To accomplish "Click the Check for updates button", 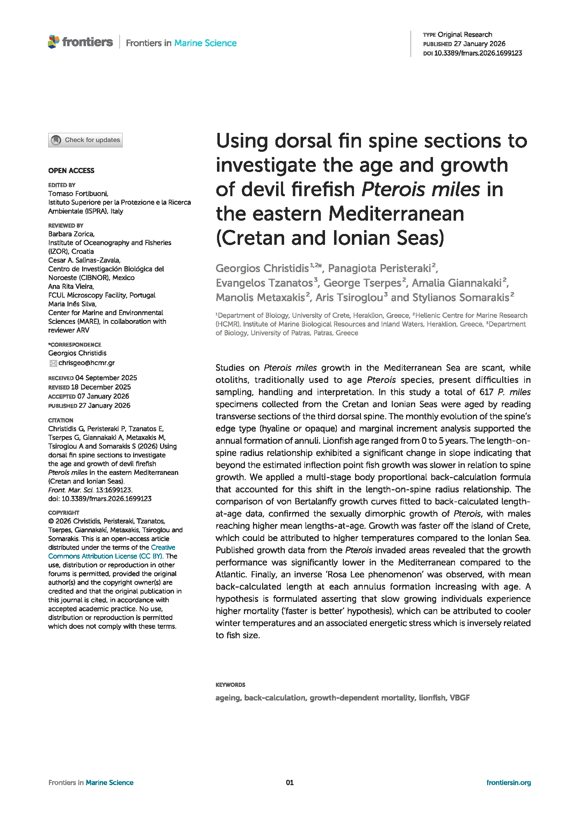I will pyautogui.click(x=85, y=140).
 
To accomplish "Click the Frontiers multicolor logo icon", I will pyautogui.click(x=54, y=42).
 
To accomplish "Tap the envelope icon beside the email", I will pyautogui.click(x=53, y=363).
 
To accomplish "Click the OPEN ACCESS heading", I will pyautogui.click(x=71, y=171).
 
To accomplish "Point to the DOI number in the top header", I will pyautogui.click(x=478, y=53).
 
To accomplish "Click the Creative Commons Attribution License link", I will pyautogui.click(x=112, y=552).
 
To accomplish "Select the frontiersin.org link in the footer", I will pyautogui.click(x=508, y=782).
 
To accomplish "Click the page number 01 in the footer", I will pyautogui.click(x=290, y=782).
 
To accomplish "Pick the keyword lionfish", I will pyautogui.click(x=432, y=698).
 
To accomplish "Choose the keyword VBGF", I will pyautogui.click(x=460, y=698).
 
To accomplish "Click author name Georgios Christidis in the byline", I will pyautogui.click(x=262, y=268).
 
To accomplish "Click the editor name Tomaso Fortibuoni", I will pyautogui.click(x=78, y=193).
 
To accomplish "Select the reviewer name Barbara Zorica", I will pyautogui.click(x=71, y=234).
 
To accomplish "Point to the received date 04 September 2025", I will pyautogui.click(x=106, y=378).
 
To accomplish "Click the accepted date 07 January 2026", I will pyautogui.click(x=103, y=396).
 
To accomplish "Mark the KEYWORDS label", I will pyautogui.click(x=230, y=685).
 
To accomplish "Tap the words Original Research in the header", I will pyautogui.click(x=465, y=35).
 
